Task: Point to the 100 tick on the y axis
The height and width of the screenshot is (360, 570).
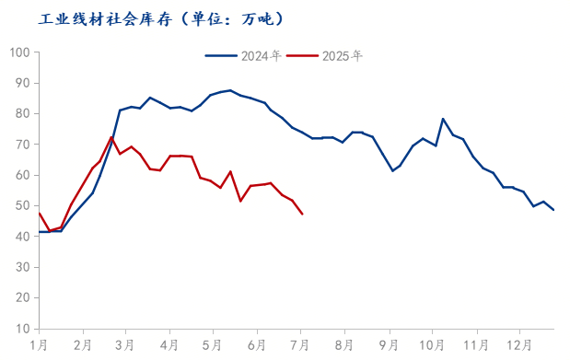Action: (18, 52)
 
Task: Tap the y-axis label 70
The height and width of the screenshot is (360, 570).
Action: (22, 145)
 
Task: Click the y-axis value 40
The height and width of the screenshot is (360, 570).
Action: (22, 237)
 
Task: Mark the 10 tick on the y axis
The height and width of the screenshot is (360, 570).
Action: (22, 329)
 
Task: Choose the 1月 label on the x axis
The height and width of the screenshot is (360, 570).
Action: (39, 345)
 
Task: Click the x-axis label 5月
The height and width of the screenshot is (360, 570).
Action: (214, 345)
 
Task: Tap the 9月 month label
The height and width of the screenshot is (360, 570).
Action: (389, 345)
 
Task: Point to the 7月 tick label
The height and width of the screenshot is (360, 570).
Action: (301, 345)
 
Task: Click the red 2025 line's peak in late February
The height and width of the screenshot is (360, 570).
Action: (111, 137)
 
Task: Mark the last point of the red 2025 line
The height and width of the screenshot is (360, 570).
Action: (302, 215)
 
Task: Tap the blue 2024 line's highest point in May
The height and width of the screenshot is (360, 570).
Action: (230, 90)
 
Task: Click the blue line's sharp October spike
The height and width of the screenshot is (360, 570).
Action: (443, 119)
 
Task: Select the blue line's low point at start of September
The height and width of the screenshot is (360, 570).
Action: (393, 170)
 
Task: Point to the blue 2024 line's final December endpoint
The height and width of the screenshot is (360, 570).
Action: (553, 210)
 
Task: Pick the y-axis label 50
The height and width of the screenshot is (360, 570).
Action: (22, 206)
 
